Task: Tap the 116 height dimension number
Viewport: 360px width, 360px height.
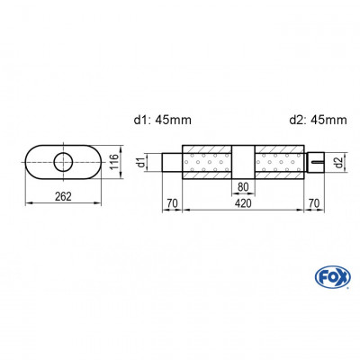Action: click(114, 162)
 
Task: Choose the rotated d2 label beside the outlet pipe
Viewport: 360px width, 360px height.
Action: click(337, 162)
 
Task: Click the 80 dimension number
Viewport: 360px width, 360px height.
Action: click(243, 188)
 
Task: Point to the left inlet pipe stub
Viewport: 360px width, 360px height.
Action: click(171, 163)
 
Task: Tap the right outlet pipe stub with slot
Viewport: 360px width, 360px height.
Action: click(314, 163)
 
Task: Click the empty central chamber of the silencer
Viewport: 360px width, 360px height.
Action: click(243, 160)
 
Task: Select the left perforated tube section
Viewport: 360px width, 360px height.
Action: click(209, 163)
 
